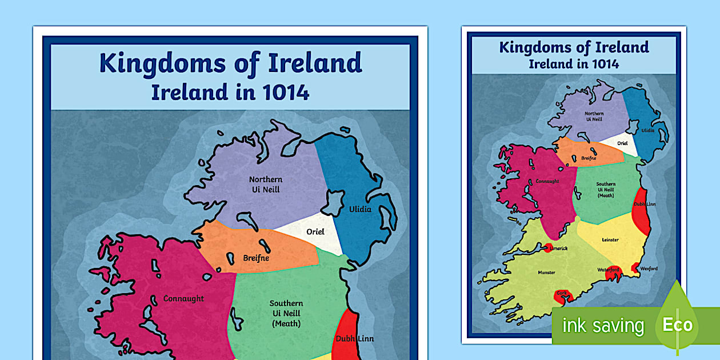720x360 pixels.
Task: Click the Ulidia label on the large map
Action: pos(360,209)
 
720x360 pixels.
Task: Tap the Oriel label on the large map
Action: pos(315,231)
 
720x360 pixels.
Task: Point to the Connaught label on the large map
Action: pos(183,298)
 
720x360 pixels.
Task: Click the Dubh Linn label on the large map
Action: pos(354,338)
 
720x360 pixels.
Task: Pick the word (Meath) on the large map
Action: pos(286,324)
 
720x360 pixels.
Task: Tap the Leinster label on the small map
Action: pos(610,239)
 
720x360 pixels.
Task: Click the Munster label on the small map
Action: pos(546,273)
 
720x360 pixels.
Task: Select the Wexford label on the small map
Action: pos(649,269)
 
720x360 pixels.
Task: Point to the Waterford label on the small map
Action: pos(609,270)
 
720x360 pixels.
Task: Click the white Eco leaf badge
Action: pos(677,325)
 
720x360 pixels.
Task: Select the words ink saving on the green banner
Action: pos(603,326)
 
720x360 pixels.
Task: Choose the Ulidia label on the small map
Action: pos(648,130)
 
